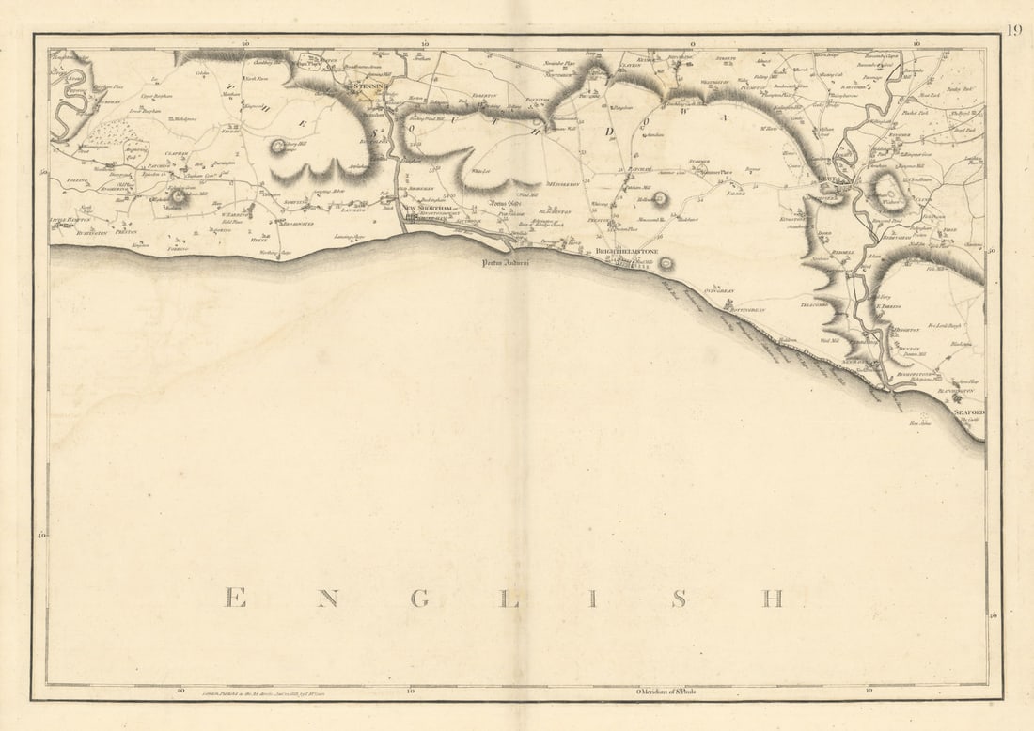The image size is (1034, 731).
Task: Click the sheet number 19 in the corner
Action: pyautogui.click(x=1014, y=29)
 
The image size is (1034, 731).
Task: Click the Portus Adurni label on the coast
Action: pyautogui.click(x=507, y=264)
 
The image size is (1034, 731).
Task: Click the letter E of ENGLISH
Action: pyautogui.click(x=236, y=599)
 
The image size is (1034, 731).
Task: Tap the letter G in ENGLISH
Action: pyautogui.click(x=420, y=599)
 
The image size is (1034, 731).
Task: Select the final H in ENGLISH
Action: pyautogui.click(x=772, y=599)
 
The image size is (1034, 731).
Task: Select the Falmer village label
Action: pyautogui.click(x=735, y=194)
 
